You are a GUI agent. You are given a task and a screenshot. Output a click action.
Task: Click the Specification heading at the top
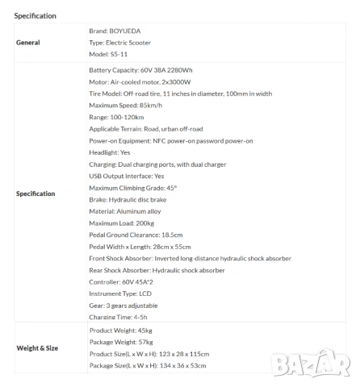[x=35, y=15]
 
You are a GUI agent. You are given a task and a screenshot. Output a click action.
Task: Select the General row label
[x=28, y=42]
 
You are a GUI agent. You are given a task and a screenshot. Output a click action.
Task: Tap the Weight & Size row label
[x=36, y=348]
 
